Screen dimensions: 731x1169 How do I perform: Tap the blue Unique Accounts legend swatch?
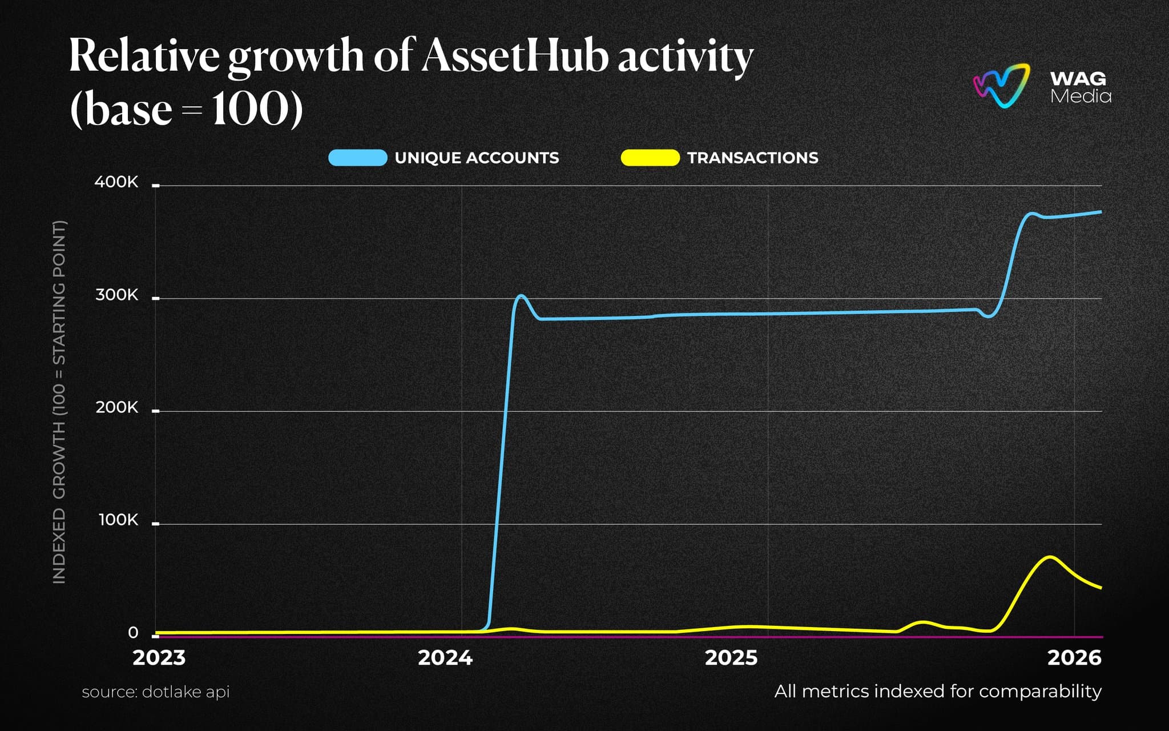tap(358, 158)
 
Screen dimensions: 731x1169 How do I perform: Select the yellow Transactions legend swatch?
tap(650, 158)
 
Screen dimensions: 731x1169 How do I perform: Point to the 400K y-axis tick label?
tap(116, 182)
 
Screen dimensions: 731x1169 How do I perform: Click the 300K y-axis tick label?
tap(116, 295)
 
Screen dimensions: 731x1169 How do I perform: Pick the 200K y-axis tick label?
tap(116, 408)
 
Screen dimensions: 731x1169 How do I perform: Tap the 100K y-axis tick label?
tap(118, 520)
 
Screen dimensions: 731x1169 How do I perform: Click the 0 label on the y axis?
tap(133, 633)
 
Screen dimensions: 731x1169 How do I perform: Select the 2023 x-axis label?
tap(159, 658)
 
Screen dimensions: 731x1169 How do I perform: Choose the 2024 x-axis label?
tap(445, 658)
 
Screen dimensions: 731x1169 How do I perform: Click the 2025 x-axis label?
tap(731, 658)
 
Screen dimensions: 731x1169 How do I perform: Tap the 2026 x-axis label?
tap(1074, 658)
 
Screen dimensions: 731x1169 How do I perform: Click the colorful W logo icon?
tap(1002, 86)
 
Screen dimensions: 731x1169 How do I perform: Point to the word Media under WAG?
tap(1081, 96)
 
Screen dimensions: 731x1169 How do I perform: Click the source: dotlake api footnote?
tap(155, 692)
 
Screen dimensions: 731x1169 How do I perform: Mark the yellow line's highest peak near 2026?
tap(1050, 557)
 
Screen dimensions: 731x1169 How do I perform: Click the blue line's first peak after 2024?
tap(521, 296)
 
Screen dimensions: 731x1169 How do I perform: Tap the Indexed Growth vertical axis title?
tap(59, 402)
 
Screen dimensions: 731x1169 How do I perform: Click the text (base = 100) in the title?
tap(186, 109)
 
